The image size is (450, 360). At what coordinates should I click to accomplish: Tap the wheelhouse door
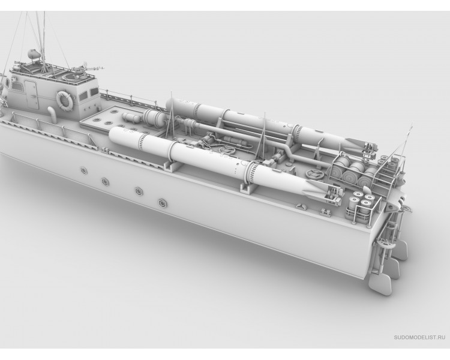(31, 94)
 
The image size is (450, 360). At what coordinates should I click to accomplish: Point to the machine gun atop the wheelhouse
(86, 67)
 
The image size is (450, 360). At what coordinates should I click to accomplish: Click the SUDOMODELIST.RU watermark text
(419, 337)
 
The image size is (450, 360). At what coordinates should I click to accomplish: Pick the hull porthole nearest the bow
(84, 170)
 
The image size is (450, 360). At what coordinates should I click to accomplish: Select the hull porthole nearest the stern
(163, 203)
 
